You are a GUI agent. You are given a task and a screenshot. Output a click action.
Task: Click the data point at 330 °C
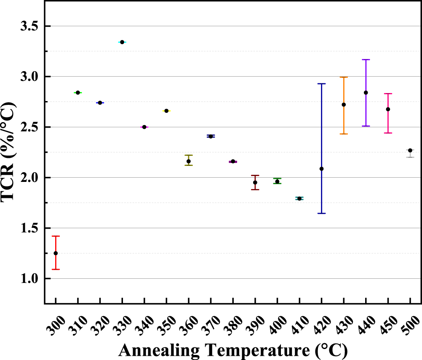click(x=122, y=42)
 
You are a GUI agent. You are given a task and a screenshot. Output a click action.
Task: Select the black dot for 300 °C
click(x=56, y=253)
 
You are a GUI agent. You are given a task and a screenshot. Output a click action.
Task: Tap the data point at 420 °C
click(x=321, y=169)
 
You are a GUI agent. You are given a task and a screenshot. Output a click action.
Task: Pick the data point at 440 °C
click(x=366, y=93)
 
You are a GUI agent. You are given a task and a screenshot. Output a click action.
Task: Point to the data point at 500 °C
click(x=410, y=150)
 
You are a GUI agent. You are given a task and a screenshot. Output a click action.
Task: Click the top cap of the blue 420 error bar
click(x=321, y=84)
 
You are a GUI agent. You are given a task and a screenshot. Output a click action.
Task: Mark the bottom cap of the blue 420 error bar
click(x=321, y=213)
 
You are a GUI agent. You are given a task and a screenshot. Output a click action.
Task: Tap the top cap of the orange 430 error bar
click(x=344, y=77)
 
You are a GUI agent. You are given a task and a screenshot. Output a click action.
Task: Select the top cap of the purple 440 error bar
click(x=366, y=60)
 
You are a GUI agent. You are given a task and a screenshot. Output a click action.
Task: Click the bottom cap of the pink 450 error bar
click(x=388, y=133)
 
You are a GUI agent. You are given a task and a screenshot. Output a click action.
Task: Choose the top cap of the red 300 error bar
click(x=56, y=236)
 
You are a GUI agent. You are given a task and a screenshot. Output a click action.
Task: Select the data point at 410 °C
click(x=299, y=198)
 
